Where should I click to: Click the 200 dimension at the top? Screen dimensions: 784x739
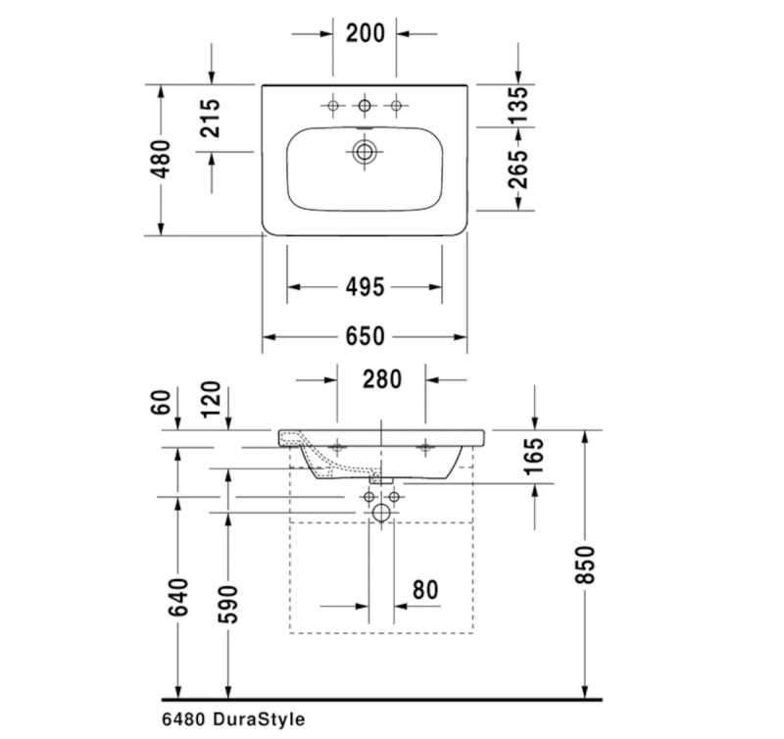[x=366, y=33]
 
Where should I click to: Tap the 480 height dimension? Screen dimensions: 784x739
[x=161, y=160]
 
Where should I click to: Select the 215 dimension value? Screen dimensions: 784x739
[x=210, y=118]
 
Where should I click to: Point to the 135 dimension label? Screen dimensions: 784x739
[x=518, y=106]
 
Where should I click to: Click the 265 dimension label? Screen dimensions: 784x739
[x=518, y=169]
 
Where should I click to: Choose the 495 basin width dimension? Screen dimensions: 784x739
[x=365, y=287]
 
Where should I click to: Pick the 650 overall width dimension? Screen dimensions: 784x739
[x=365, y=336]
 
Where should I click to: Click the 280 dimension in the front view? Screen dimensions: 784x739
[x=382, y=379]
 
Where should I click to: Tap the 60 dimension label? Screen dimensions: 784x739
[x=161, y=403]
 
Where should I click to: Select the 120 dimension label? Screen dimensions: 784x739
[x=211, y=400]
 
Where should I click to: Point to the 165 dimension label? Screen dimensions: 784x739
[x=534, y=456]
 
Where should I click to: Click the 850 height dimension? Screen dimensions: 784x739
[x=585, y=565]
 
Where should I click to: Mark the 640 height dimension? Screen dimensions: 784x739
[x=178, y=597]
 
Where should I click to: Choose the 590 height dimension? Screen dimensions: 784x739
[x=228, y=605]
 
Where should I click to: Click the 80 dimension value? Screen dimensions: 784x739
[x=425, y=590]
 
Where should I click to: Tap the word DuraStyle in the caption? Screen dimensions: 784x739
[x=259, y=719]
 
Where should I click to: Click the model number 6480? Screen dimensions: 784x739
[x=183, y=719]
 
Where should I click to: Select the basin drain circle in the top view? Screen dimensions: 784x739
[x=365, y=152]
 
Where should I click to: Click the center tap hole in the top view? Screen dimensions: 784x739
[x=365, y=106]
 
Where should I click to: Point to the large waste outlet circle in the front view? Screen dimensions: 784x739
[x=381, y=513]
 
